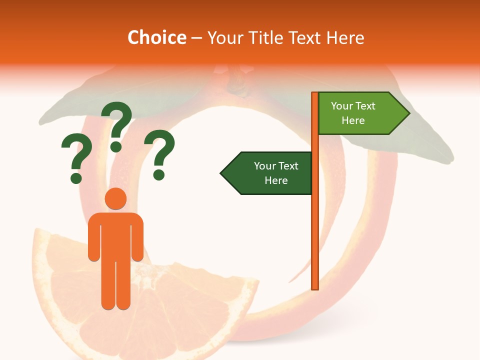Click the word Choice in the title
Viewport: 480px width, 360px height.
tap(156, 37)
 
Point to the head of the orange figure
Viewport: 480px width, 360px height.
tap(115, 199)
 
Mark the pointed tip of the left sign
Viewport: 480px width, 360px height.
tap(221, 173)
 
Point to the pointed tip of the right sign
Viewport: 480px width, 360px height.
tap(408, 113)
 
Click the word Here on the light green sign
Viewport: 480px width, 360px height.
tap(353, 120)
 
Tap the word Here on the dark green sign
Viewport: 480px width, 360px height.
tap(276, 180)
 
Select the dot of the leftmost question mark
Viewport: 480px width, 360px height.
tap(76, 177)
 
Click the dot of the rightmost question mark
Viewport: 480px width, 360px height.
tap(159, 174)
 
